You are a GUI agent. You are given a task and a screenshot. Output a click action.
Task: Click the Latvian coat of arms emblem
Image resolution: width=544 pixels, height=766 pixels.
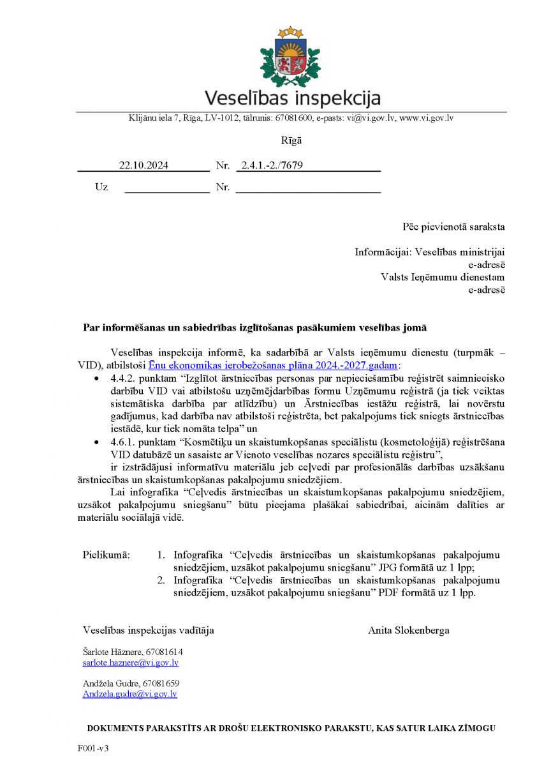[290, 57]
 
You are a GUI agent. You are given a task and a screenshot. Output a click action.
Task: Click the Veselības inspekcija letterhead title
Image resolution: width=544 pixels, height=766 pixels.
[292, 98]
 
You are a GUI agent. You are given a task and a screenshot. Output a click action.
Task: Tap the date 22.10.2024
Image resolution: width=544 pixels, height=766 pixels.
[143, 165]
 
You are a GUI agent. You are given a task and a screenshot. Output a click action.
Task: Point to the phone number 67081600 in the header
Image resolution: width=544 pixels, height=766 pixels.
[295, 118]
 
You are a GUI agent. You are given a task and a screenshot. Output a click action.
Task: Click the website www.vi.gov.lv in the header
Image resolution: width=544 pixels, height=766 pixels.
[426, 118]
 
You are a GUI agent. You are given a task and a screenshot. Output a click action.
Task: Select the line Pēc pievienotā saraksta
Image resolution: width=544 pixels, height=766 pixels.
[453, 226]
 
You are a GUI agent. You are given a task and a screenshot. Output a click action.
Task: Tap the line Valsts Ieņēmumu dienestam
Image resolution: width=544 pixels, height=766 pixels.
[443, 277]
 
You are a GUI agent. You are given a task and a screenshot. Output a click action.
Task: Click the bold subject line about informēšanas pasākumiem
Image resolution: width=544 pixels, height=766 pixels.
[254, 327]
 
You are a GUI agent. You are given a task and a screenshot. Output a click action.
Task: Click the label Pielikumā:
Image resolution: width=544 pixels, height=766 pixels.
[106, 555]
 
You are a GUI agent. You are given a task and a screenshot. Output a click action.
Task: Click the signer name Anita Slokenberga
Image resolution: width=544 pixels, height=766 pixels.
[408, 630]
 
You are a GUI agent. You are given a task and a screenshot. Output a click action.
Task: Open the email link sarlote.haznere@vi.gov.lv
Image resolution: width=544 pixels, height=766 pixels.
[130, 663]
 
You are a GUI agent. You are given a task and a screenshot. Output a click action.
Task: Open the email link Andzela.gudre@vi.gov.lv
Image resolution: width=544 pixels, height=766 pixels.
[129, 694]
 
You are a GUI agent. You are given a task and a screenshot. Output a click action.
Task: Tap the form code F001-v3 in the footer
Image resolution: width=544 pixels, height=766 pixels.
[93, 747]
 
